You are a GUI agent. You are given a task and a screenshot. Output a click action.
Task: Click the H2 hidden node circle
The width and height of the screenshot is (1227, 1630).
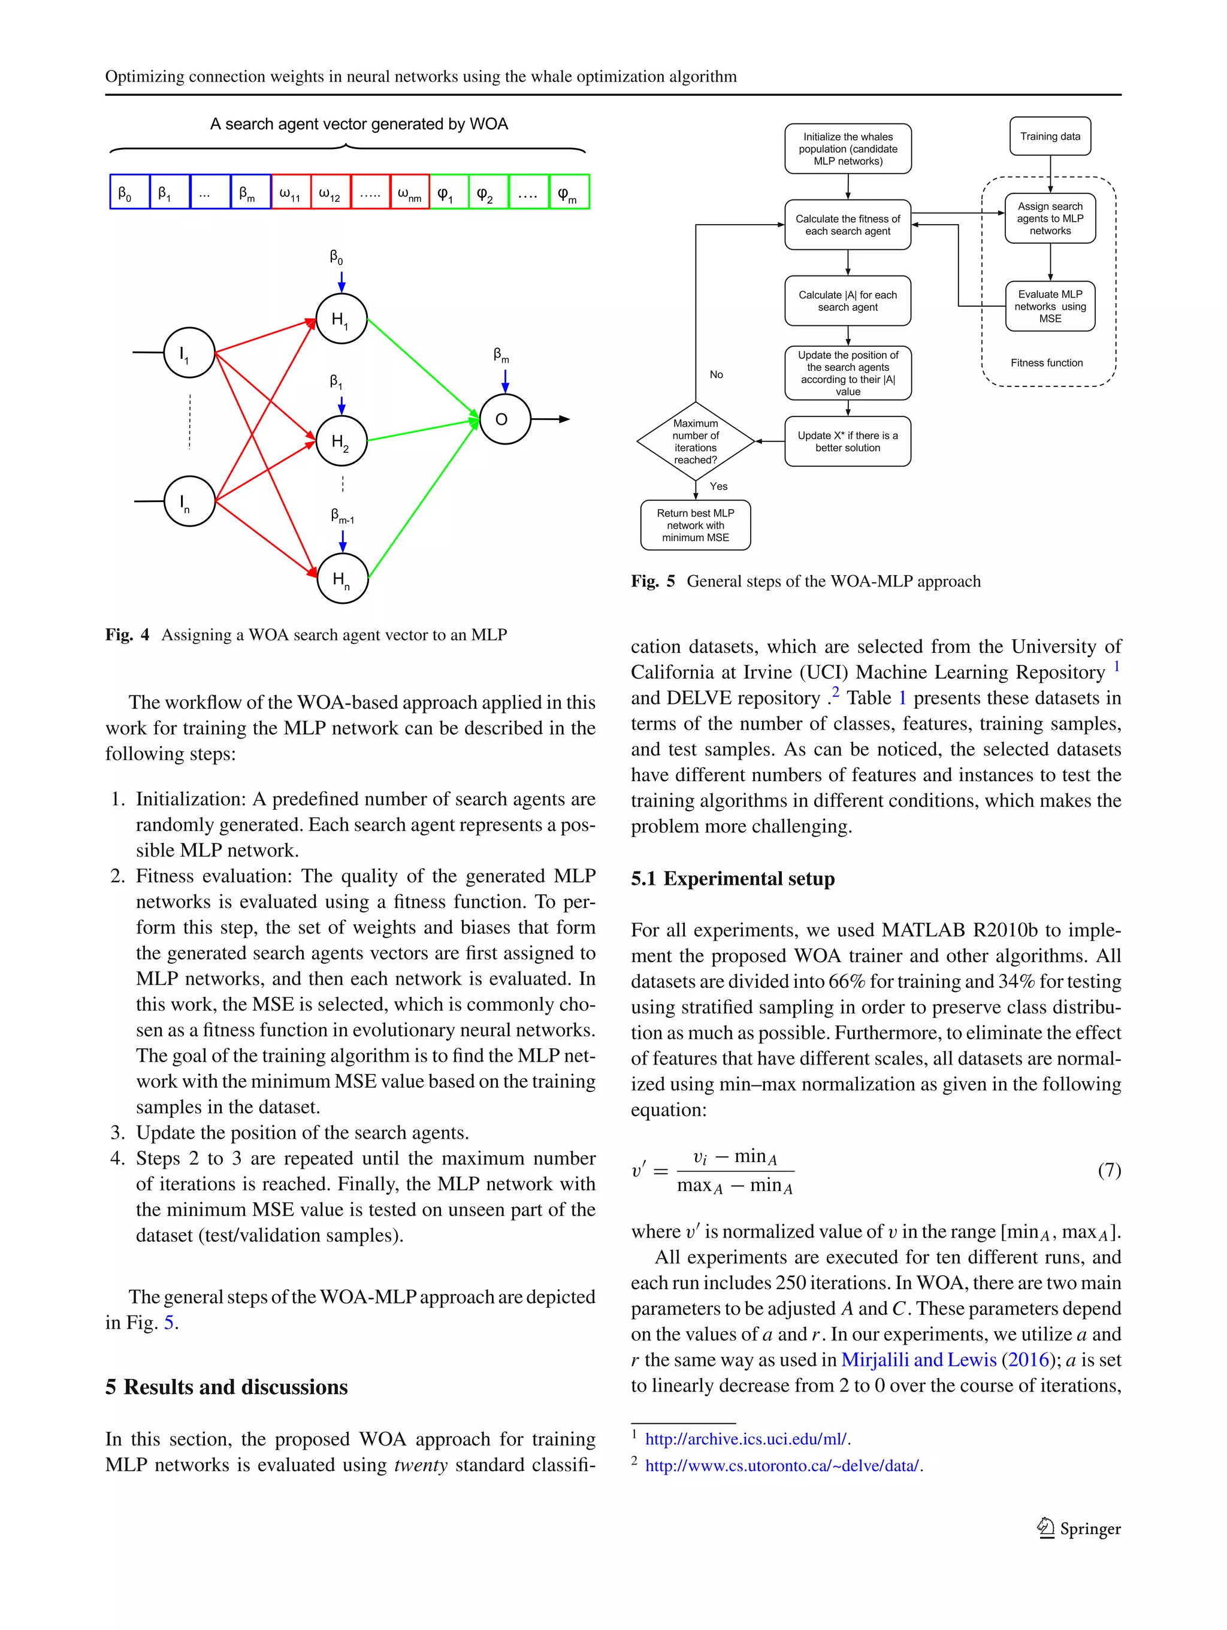(341, 441)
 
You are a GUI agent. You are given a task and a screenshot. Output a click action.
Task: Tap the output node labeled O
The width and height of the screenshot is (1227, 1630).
(505, 419)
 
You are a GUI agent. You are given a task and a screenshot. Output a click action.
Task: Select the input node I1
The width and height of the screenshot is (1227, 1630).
(189, 353)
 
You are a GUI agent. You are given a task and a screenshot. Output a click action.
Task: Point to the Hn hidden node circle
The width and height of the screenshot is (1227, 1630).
(342, 579)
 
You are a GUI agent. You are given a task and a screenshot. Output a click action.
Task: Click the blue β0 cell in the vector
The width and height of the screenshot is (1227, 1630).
(129, 192)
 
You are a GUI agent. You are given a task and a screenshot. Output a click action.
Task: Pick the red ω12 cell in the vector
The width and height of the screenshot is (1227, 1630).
(330, 192)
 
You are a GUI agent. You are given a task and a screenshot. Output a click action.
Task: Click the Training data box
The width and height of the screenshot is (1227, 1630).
(1050, 137)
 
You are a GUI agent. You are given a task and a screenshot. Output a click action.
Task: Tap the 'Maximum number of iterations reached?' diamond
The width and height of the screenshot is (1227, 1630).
(695, 441)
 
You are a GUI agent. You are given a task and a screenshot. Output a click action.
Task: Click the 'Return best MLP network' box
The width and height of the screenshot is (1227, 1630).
(695, 525)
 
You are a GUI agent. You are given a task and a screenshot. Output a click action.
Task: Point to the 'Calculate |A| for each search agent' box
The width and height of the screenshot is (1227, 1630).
(848, 301)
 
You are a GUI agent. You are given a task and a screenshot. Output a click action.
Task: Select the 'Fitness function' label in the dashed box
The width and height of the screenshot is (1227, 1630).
(1047, 362)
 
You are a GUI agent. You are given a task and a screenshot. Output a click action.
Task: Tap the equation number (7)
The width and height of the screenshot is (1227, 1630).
(1109, 1169)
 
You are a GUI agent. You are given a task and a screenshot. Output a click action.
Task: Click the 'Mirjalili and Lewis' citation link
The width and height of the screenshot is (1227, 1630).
(918, 1360)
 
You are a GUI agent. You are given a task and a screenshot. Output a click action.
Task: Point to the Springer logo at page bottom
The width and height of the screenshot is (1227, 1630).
(1080, 1528)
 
